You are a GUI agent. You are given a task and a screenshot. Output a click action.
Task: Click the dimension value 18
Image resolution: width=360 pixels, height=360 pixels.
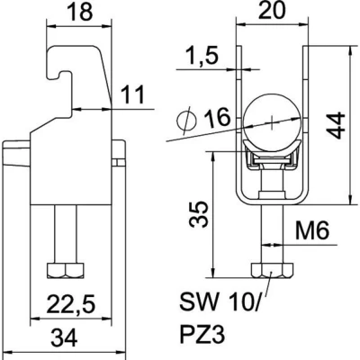pos(80,13)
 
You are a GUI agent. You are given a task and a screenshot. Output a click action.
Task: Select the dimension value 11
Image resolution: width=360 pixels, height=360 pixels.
pos(132,94)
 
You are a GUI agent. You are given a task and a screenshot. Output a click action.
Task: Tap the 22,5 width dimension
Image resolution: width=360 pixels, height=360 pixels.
pos(71,304)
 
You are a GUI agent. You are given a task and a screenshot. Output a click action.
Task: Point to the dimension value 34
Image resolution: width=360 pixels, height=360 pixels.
pos(64,337)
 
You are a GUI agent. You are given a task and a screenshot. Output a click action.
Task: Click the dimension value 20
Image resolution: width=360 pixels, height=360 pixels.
pos(272,11)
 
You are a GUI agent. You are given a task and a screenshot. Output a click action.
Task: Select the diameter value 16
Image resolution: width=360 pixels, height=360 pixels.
pos(218,117)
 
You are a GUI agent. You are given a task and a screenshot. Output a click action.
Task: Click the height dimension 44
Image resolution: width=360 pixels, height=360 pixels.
pos(335,125)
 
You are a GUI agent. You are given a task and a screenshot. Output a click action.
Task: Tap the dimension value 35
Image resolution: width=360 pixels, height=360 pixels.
pos(198,214)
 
